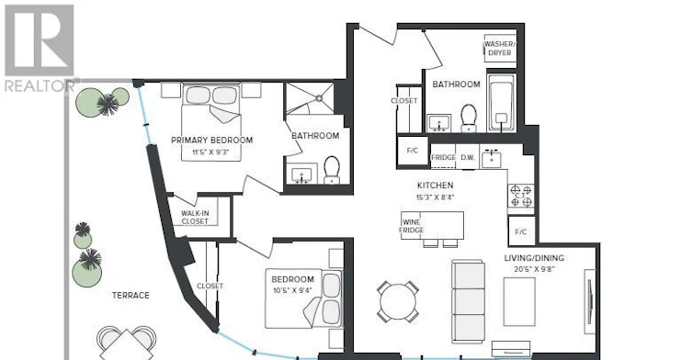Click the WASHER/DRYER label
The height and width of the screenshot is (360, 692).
tap(500, 48)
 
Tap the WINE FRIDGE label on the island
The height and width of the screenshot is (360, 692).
tap(412, 226)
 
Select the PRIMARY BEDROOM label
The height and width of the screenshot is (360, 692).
tap(212, 140)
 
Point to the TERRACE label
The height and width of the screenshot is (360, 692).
tap(130, 295)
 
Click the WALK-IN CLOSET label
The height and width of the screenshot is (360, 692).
tap(195, 217)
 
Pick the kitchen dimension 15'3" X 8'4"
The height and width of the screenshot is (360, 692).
tap(435, 197)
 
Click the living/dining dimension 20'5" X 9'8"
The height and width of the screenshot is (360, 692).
tap(535, 269)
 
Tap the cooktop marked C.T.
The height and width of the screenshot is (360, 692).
tap(521, 196)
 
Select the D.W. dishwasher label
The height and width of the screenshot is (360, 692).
tap(468, 157)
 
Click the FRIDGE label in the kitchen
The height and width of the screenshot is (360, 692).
tap(443, 157)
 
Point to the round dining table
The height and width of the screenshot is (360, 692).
tap(398, 302)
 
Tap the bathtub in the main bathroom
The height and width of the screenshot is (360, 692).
tap(502, 102)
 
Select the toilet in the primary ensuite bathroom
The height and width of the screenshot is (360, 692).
tap(332, 170)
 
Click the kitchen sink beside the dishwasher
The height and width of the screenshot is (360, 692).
tap(491, 159)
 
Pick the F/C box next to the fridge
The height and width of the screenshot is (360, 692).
tap(413, 151)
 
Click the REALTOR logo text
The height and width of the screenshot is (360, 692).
tap(40, 85)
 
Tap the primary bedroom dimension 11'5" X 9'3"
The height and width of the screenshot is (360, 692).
tap(210, 152)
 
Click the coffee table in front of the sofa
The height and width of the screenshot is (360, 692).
tap(519, 302)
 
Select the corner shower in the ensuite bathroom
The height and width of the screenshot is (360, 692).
tap(310, 98)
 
